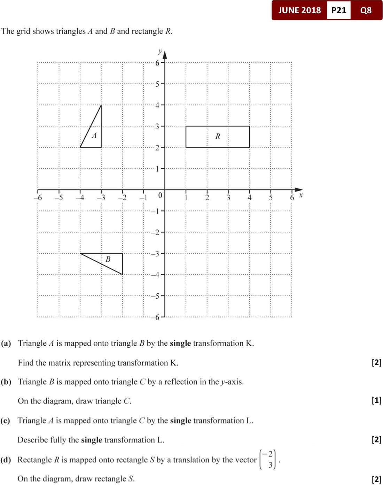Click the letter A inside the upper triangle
(x=94, y=136)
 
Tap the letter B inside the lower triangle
(x=108, y=259)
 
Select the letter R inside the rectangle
(x=218, y=136)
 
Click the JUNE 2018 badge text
(x=299, y=10)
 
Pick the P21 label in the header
(x=339, y=10)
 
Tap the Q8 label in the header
(x=366, y=10)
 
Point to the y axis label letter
(x=160, y=52)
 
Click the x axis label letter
(x=301, y=195)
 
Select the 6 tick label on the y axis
(x=157, y=63)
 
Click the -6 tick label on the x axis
(x=38, y=198)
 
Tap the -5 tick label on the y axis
(x=155, y=296)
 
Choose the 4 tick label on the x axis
(x=249, y=198)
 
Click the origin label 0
(x=160, y=195)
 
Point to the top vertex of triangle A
(x=101, y=105)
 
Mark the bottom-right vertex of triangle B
(x=123, y=274)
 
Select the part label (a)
(x=6, y=343)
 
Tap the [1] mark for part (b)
(x=377, y=400)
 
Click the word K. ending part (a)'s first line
(x=250, y=343)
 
